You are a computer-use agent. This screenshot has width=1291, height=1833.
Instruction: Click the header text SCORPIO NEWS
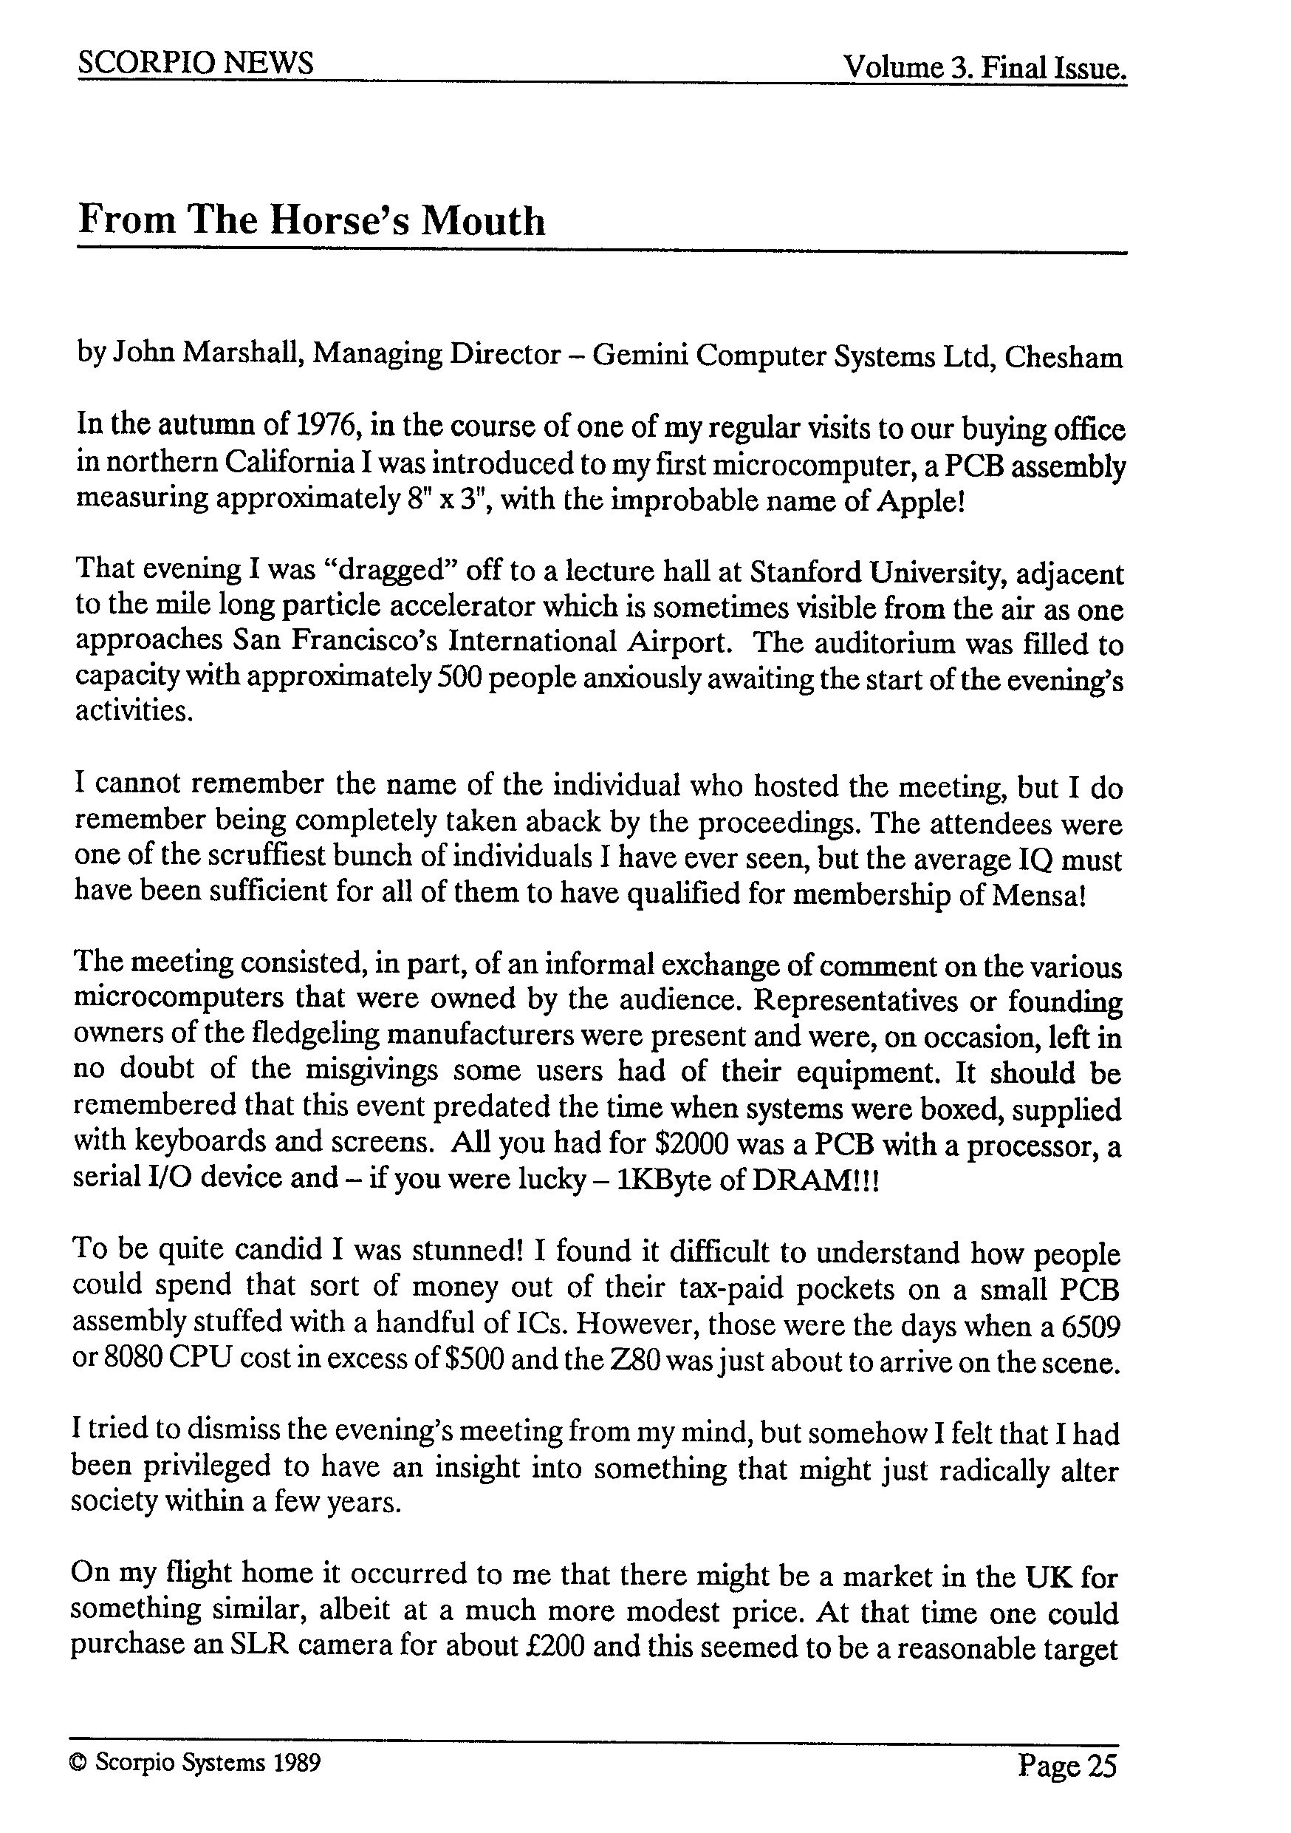[196, 64]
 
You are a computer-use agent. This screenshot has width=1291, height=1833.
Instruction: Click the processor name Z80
[635, 1361]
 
